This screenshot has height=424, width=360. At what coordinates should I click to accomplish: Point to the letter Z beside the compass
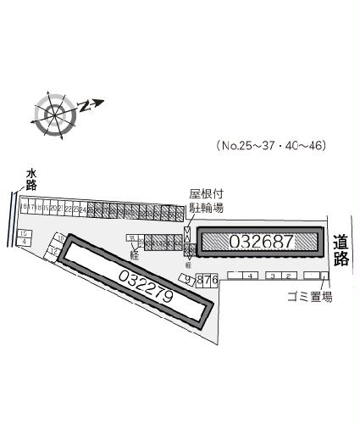tap(84, 106)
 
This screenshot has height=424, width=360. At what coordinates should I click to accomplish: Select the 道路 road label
tap(341, 252)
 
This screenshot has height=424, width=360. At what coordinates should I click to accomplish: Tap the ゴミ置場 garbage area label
tap(308, 297)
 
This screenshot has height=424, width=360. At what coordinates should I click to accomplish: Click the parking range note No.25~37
tap(271, 145)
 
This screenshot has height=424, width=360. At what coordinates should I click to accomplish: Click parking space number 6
tap(214, 278)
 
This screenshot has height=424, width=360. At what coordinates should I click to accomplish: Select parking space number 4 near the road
tap(252, 276)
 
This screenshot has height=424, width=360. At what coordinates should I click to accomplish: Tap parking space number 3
tap(272, 276)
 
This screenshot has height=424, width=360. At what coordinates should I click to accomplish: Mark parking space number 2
tap(288, 276)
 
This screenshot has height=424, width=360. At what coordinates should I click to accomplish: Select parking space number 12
tap(53, 252)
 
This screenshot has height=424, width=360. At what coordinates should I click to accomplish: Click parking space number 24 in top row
tap(82, 208)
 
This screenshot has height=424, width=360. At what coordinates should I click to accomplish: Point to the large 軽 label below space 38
tap(134, 254)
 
